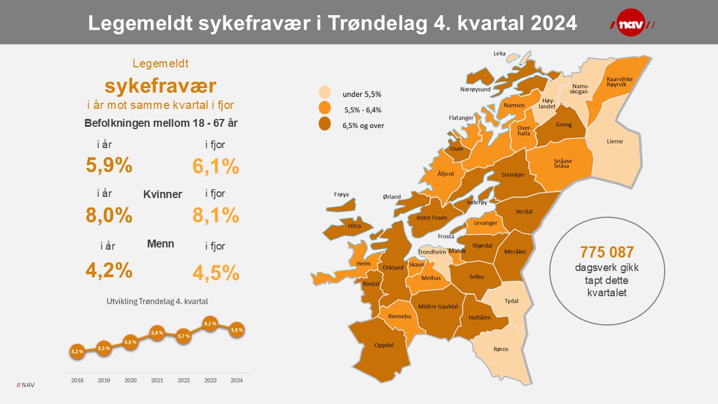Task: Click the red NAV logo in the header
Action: click(x=632, y=23)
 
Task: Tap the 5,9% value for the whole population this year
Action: click(x=109, y=165)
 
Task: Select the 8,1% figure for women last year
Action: click(x=216, y=215)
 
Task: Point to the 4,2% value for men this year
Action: click(x=109, y=270)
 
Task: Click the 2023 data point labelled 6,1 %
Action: click(x=210, y=324)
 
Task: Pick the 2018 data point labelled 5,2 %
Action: click(x=77, y=351)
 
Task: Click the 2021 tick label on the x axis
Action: click(x=157, y=380)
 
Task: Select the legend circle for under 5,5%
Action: click(x=324, y=93)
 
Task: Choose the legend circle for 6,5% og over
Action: click(x=324, y=124)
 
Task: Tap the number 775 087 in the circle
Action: click(x=607, y=251)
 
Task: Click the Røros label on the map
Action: click(x=500, y=349)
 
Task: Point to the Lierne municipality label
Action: click(x=615, y=141)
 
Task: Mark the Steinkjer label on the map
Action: click(x=513, y=175)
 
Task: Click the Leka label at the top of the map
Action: click(x=499, y=54)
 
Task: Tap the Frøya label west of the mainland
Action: click(x=341, y=195)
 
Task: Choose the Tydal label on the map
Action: click(x=511, y=301)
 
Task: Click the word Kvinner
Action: click(x=163, y=195)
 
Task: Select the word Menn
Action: click(x=160, y=244)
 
